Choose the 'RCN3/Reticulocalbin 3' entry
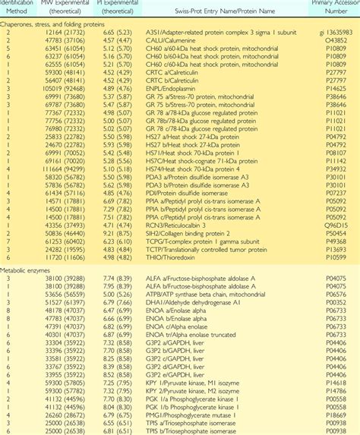(188, 225)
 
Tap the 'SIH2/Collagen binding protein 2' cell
(200, 234)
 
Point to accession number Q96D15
(337, 225)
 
